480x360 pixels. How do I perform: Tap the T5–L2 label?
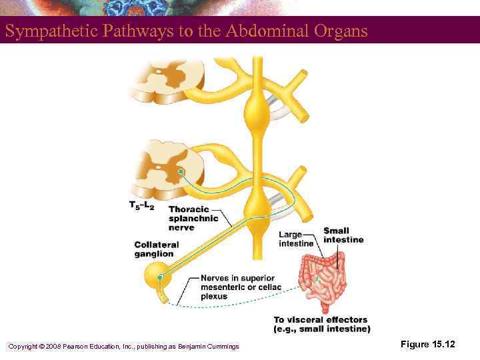click(x=141, y=206)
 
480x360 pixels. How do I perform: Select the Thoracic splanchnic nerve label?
click(x=193, y=218)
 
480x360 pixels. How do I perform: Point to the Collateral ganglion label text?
click(x=156, y=249)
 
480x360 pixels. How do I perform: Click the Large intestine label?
click(x=295, y=239)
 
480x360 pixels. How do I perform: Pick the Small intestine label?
click(x=343, y=235)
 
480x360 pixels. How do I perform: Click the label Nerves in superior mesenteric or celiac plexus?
click(x=241, y=287)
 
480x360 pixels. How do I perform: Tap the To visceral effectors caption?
click(x=321, y=325)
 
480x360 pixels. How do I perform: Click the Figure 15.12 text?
click(x=427, y=344)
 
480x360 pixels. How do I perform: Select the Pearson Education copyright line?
click(x=123, y=345)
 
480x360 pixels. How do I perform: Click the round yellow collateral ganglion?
click(x=159, y=273)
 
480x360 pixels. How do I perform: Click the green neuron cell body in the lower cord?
click(x=181, y=171)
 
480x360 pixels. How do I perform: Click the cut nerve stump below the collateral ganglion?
click(x=163, y=294)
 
